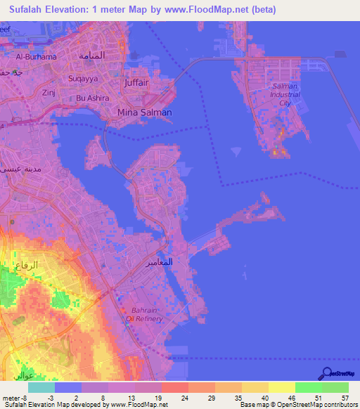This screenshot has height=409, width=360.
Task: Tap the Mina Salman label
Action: (144, 112)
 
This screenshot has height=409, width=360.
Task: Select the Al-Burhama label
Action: (32, 57)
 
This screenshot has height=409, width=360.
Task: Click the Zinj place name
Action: (49, 92)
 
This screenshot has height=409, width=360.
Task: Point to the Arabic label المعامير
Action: (178, 262)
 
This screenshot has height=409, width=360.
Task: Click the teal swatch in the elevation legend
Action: (41, 387)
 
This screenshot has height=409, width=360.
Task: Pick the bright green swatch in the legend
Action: (308, 387)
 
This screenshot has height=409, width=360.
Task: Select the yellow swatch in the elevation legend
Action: (281, 387)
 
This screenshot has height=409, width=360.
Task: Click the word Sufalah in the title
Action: (30, 10)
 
